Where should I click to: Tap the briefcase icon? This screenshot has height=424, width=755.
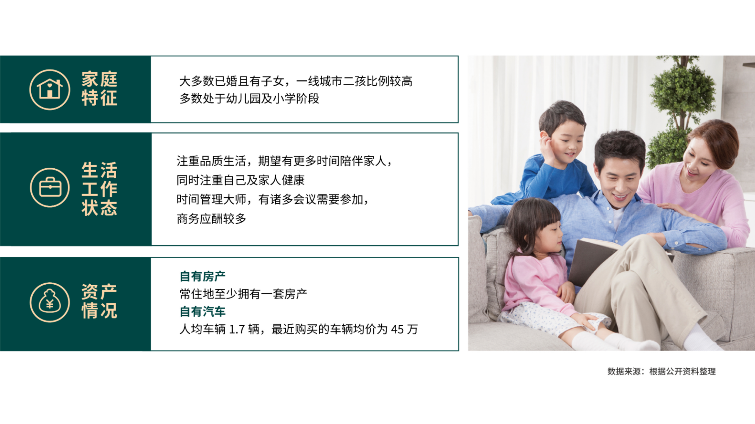pyautogui.click(x=50, y=187)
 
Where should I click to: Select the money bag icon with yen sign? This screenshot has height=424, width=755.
pyautogui.click(x=50, y=302)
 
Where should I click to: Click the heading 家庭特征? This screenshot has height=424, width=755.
pyautogui.click(x=99, y=89)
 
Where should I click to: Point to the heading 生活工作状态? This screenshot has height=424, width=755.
pyautogui.click(x=99, y=189)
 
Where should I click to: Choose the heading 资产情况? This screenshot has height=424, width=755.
pyautogui.click(x=99, y=301)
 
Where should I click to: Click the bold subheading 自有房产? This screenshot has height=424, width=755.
pyautogui.click(x=203, y=276)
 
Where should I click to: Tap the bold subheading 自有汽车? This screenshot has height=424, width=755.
pyautogui.click(x=203, y=311)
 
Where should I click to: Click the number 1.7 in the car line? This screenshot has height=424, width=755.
pyautogui.click(x=237, y=330)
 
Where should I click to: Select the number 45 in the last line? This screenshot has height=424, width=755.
pyautogui.click(x=397, y=330)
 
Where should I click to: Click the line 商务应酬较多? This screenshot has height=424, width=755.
pyautogui.click(x=211, y=219)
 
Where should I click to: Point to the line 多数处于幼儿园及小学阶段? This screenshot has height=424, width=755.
pyautogui.click(x=249, y=99)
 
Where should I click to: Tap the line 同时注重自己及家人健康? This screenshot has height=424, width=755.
pyautogui.click(x=241, y=180)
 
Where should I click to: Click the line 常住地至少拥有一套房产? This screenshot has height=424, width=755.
pyautogui.click(x=243, y=294)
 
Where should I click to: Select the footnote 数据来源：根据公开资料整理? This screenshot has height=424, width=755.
pyautogui.click(x=661, y=371)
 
